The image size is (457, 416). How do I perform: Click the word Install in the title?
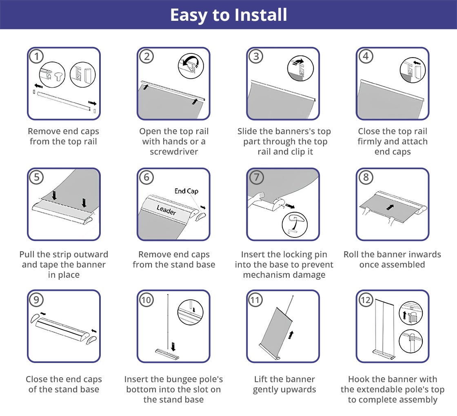[x=261, y=15]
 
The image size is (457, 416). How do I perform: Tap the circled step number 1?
[x=37, y=57]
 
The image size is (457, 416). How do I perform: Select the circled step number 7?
[x=257, y=177]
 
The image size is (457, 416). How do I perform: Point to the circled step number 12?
[x=366, y=300]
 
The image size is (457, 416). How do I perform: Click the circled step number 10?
[x=146, y=300]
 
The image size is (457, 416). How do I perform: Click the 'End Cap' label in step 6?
[x=186, y=191]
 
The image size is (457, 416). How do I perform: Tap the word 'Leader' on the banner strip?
[x=166, y=210]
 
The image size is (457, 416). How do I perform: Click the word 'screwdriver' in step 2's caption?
[x=174, y=151]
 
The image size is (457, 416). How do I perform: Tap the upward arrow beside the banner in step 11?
[x=291, y=335]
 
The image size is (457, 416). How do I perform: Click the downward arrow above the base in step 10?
[x=173, y=346]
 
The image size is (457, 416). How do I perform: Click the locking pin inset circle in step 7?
[x=295, y=225]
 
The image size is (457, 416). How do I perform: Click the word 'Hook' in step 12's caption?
[x=359, y=379]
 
